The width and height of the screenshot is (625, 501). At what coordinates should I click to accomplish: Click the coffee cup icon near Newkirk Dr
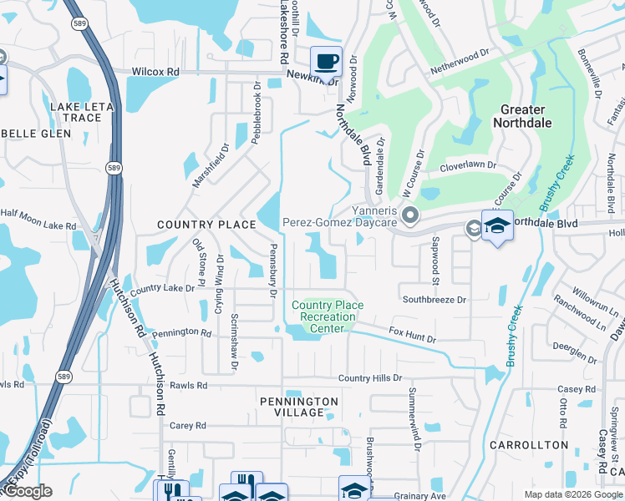coord(326,61)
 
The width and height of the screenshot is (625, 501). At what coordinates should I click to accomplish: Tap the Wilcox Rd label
coord(155,73)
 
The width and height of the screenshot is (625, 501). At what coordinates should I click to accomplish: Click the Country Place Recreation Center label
coord(328,316)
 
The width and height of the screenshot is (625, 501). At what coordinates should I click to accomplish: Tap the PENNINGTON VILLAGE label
coord(299,407)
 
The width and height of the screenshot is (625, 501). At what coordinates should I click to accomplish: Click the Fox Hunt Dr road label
coord(413,336)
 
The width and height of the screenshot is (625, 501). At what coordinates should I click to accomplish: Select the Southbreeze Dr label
coord(434,298)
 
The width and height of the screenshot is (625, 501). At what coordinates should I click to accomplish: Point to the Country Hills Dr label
coord(370,378)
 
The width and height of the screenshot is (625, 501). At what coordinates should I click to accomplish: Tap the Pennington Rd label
coord(182,332)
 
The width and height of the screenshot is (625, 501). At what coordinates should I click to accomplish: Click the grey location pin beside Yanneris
coord(410,217)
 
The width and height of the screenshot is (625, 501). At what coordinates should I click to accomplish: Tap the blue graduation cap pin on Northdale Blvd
coord(497,225)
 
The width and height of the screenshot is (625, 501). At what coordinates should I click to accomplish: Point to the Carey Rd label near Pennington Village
coord(187,426)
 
